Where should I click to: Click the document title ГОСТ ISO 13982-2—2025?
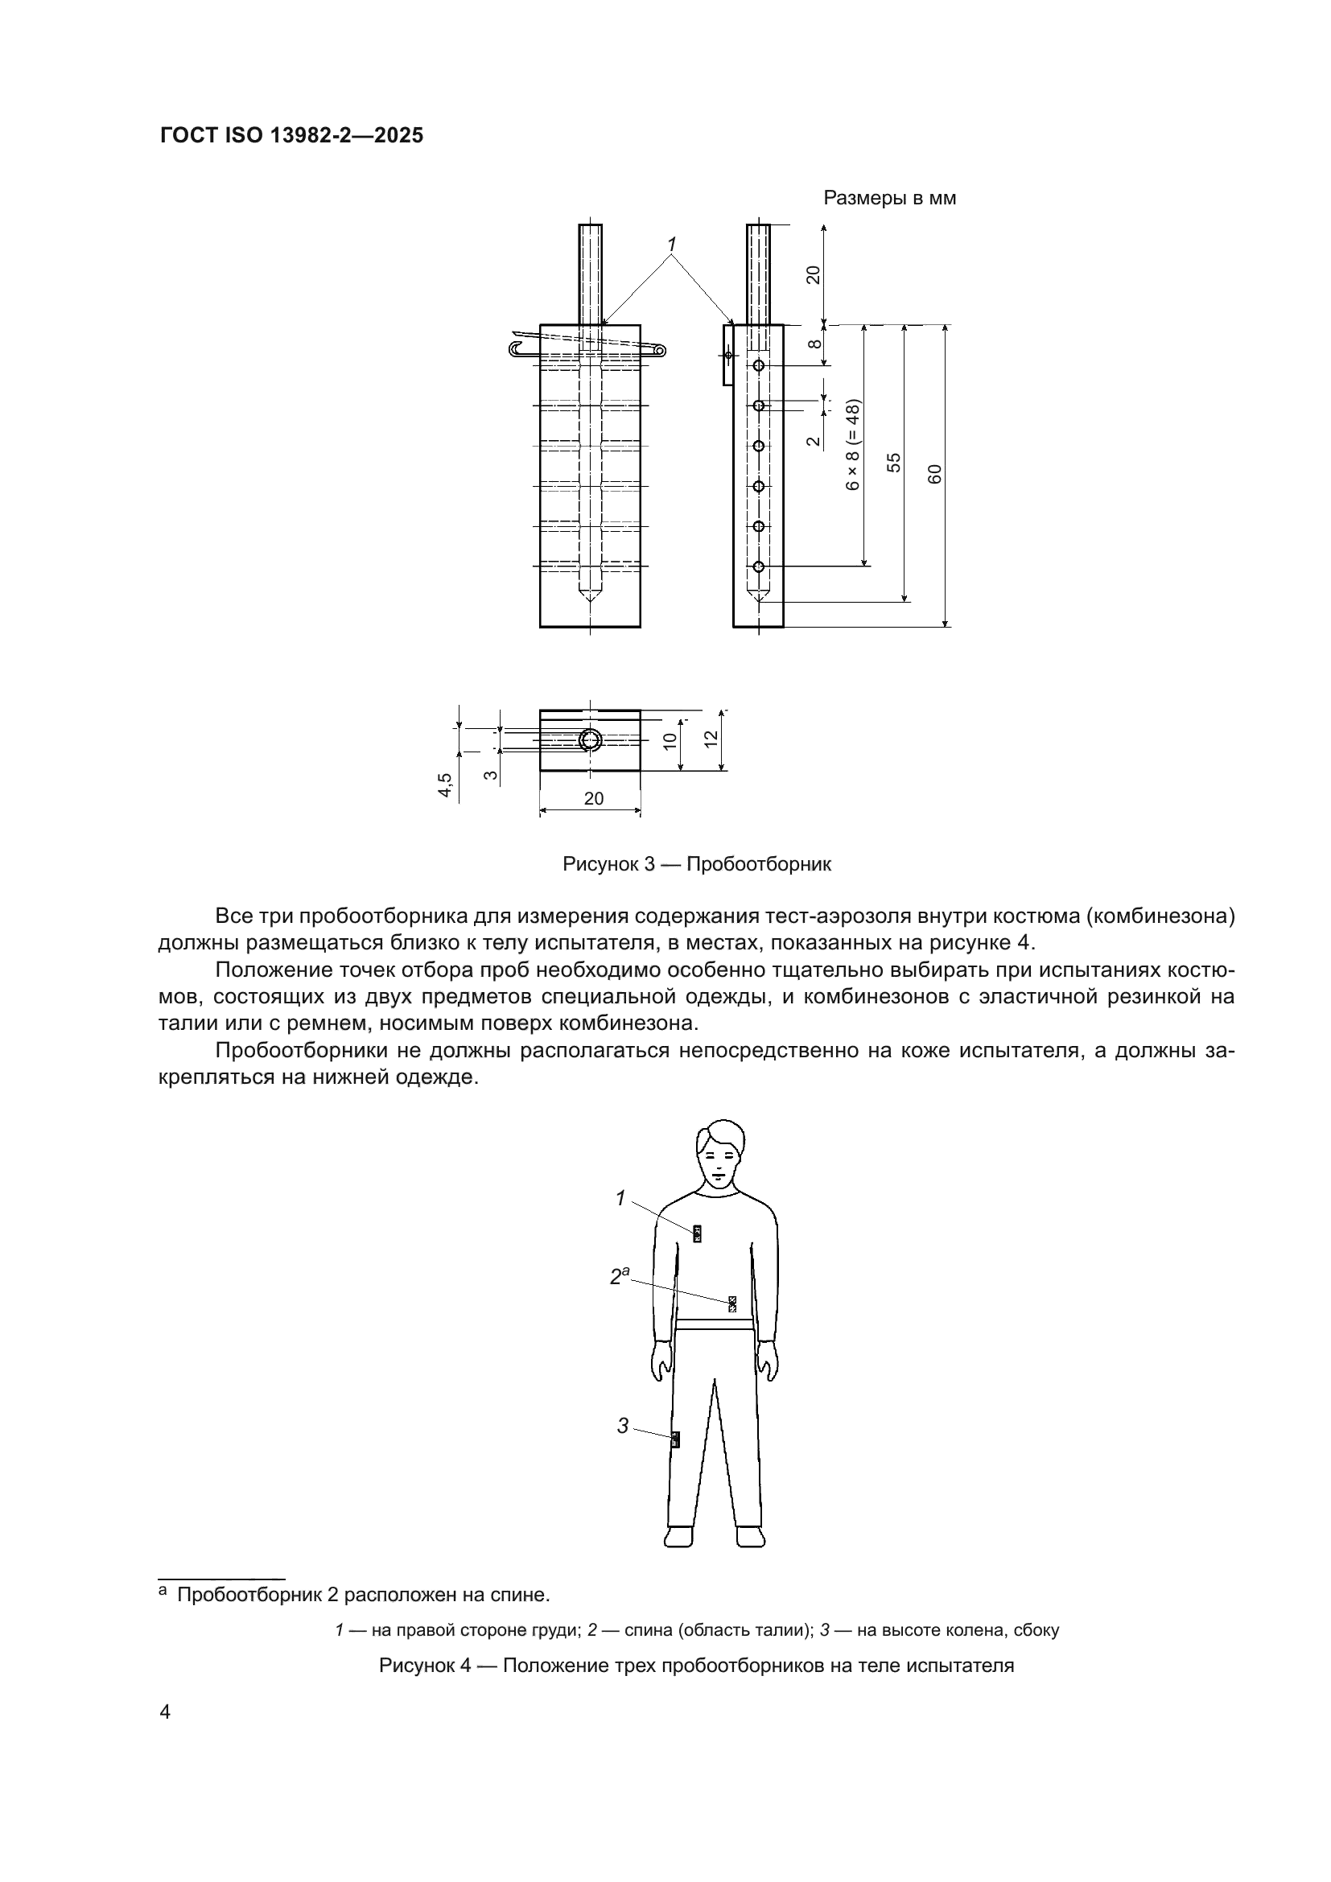tap(291, 136)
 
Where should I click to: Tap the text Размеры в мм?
tap(889, 199)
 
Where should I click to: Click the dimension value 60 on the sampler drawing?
tap(935, 474)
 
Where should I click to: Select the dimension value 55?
tap(894, 463)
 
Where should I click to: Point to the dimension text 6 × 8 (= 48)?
tap(853, 445)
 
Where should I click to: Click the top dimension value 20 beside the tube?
tap(813, 275)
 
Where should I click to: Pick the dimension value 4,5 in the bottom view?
tap(444, 785)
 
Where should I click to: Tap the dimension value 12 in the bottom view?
tap(711, 737)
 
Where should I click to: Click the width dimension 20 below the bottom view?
tap(593, 798)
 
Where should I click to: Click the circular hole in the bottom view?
tap(590, 741)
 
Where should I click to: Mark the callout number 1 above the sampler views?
tap(672, 245)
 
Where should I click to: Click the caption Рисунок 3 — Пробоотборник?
tap(697, 864)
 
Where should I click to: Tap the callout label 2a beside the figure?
tap(620, 1276)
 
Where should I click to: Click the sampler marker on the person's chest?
tap(698, 1233)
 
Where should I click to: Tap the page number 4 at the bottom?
tap(165, 1712)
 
